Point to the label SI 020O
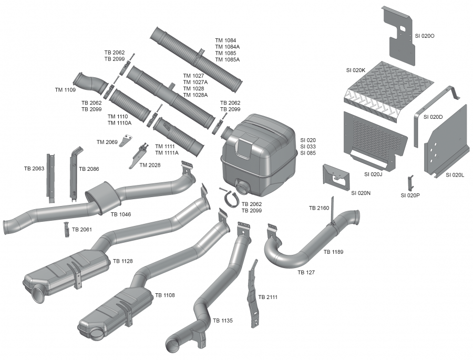pos(425,36)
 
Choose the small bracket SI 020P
pos(410,182)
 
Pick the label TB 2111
pos(268,297)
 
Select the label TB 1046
pos(121,214)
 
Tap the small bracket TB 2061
pos(67,230)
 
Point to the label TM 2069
pos(107,142)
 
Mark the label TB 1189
pos(334,252)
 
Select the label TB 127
pos(306,272)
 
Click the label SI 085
pos(308,153)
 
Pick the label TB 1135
pos(223,321)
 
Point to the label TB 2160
pos(319,208)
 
